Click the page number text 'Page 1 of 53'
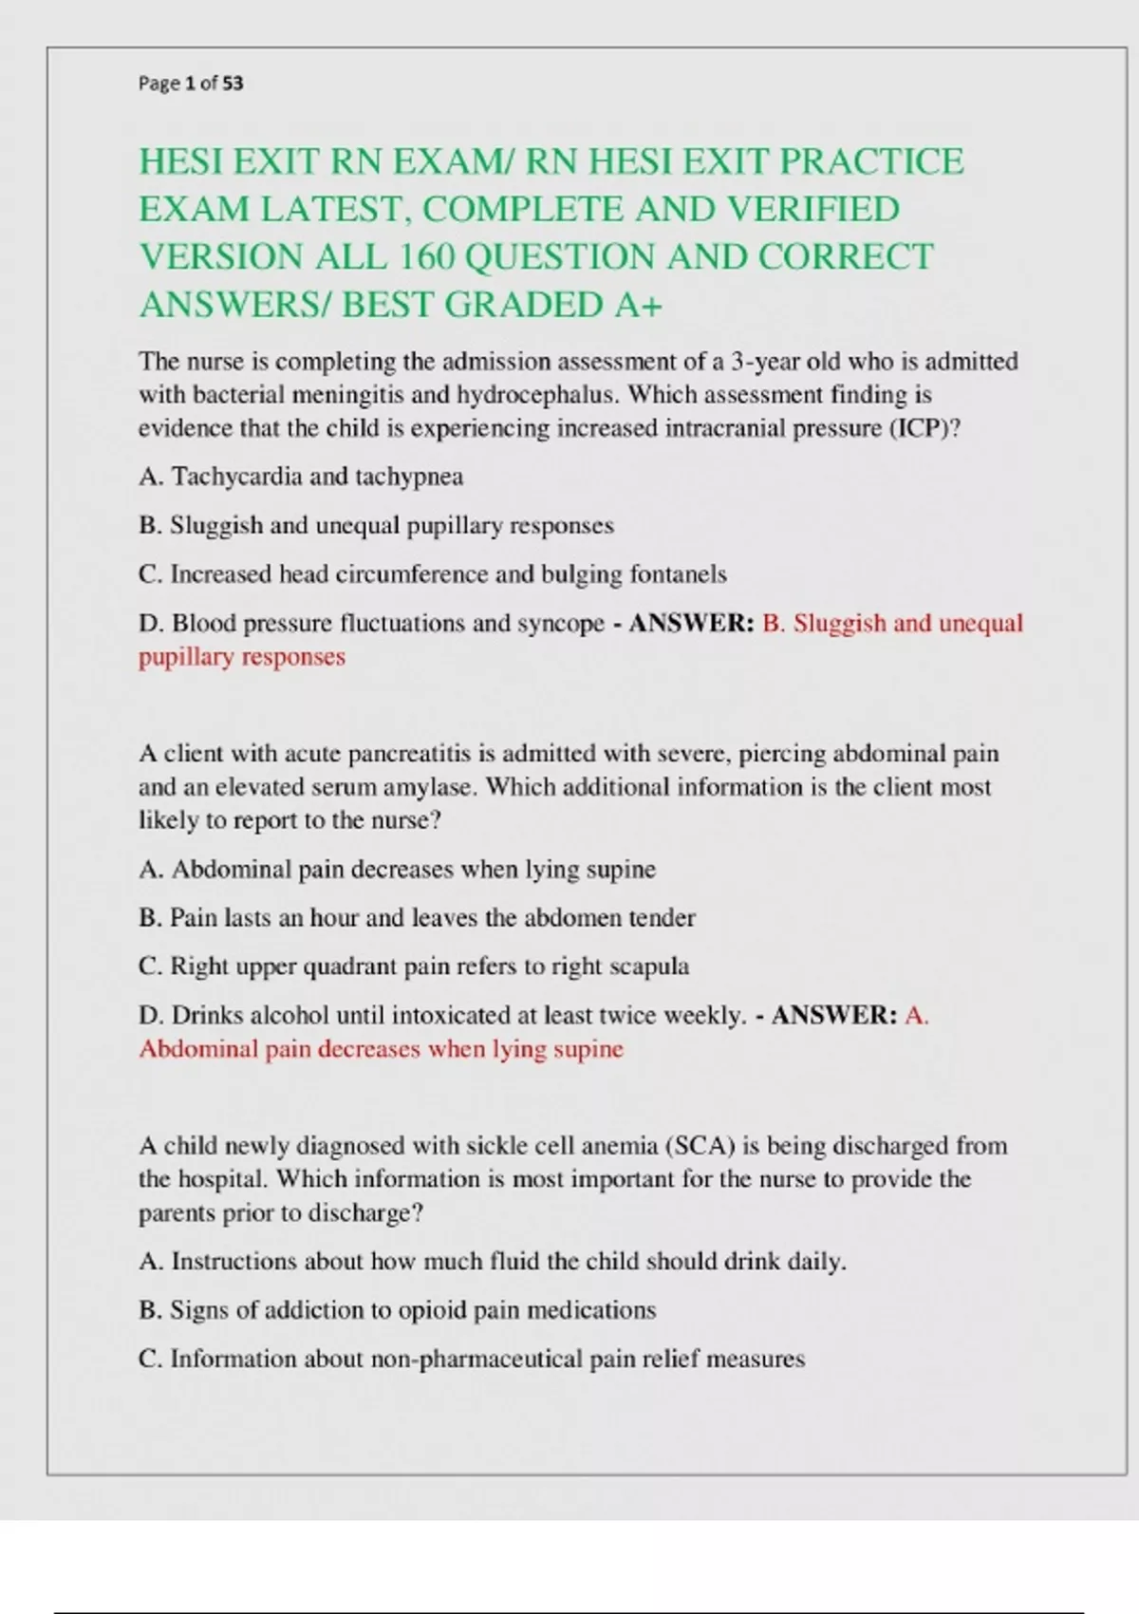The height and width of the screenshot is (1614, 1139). pyautogui.click(x=191, y=84)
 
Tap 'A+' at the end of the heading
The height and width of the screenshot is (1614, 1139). pyautogui.click(x=638, y=306)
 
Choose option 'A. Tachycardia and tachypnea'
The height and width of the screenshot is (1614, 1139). pyautogui.click(x=301, y=477)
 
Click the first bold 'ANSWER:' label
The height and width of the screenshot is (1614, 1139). pyautogui.click(x=692, y=624)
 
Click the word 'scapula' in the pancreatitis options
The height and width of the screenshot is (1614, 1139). pyautogui.click(x=648, y=967)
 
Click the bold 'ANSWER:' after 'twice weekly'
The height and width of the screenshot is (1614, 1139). pyautogui.click(x=834, y=1016)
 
